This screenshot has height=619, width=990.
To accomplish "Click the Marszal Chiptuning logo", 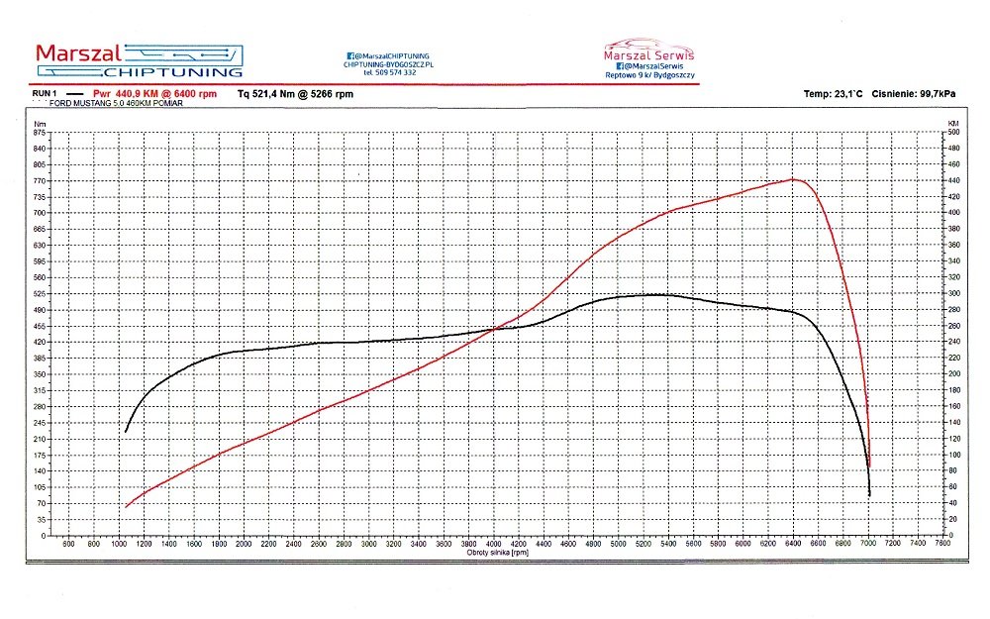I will [x=139, y=59].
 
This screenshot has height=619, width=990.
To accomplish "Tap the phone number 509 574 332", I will [x=389, y=72].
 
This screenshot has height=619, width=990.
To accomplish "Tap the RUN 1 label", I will [x=41, y=93].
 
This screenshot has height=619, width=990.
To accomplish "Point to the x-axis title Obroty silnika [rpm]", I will [x=497, y=553].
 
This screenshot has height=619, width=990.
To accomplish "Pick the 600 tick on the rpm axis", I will [x=68, y=544].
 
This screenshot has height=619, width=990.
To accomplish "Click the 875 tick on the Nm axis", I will [x=40, y=132].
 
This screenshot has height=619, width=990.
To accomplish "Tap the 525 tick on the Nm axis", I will [x=40, y=293].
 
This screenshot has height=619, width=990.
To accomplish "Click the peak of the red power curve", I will [x=793, y=179].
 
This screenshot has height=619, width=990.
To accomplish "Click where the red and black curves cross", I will [x=492, y=329].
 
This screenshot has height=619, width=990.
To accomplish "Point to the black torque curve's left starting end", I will [x=126, y=431].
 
